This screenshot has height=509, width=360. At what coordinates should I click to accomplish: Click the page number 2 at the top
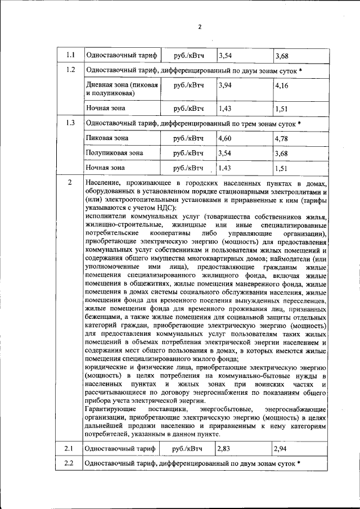(x=199, y=26)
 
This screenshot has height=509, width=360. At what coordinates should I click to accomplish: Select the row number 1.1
(x=70, y=55)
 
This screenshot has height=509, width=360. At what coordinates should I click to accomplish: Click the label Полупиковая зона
(x=114, y=152)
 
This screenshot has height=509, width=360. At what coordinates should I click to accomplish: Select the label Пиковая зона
(x=107, y=138)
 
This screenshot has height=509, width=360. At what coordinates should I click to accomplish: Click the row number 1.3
(x=70, y=123)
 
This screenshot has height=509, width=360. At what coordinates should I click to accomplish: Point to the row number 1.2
(x=70, y=70)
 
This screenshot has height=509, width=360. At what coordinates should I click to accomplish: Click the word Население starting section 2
(x=105, y=183)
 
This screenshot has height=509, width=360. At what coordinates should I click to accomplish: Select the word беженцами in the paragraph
(x=102, y=317)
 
